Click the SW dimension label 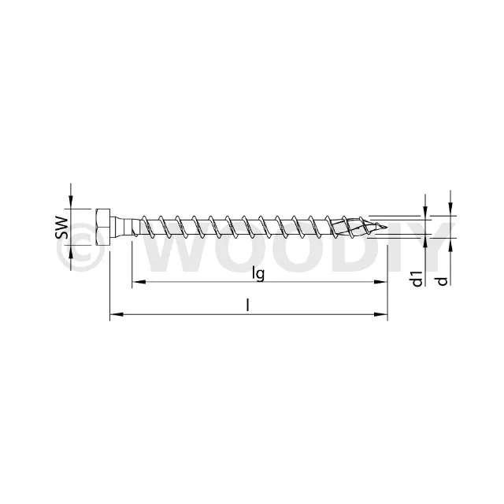pos(61,228)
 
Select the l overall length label pos(247,305)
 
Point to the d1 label pos(417,278)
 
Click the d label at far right pos(443,281)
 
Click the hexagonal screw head pos(103,228)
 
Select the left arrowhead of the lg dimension pos(139,282)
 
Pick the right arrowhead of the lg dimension pos(380,282)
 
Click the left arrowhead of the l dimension pos(117,314)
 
